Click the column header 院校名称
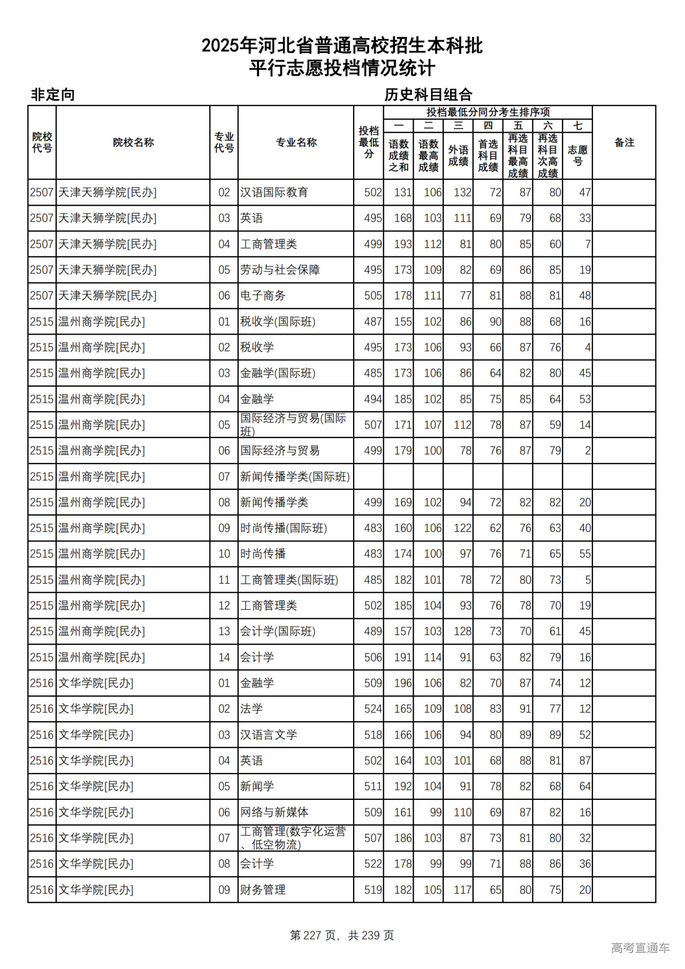point(133,142)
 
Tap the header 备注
point(624,142)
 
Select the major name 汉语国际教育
point(274,192)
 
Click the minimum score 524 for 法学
point(373,709)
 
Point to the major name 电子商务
point(263,296)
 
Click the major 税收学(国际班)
point(278,322)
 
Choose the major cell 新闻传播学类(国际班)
point(295,476)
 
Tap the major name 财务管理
point(263,890)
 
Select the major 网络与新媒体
point(274,812)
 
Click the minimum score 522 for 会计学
point(373,864)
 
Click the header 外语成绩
point(458,155)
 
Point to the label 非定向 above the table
point(53,95)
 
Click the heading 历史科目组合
point(428,95)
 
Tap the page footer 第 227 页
point(313,935)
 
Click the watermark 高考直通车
point(640,948)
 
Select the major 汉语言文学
point(269,735)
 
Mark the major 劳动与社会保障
point(280,270)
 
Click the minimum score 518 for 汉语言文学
point(373,735)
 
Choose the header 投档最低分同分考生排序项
point(488,112)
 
